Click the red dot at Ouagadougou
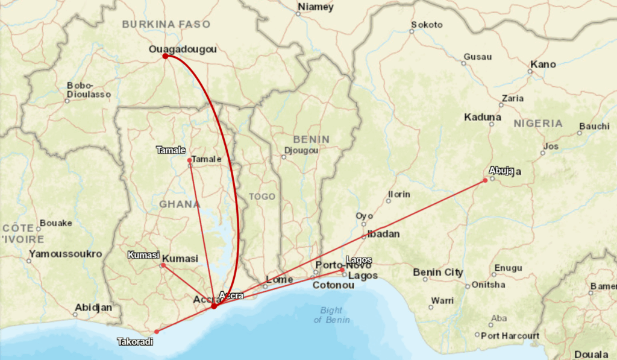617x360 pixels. click(165, 56)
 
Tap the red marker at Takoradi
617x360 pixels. click(157, 332)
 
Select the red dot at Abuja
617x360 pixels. click(485, 180)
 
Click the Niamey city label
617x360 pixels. click(315, 7)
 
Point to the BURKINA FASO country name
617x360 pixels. click(166, 25)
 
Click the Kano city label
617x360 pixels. click(543, 64)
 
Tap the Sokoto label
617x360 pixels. click(427, 25)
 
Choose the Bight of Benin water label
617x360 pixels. click(331, 315)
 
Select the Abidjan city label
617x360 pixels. click(93, 308)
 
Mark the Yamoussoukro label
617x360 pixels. click(66, 254)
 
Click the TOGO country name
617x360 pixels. click(262, 197)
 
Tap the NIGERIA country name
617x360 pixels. click(538, 123)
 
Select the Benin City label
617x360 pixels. click(438, 273)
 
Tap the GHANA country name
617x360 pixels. click(180, 204)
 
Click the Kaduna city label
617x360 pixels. click(483, 117)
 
